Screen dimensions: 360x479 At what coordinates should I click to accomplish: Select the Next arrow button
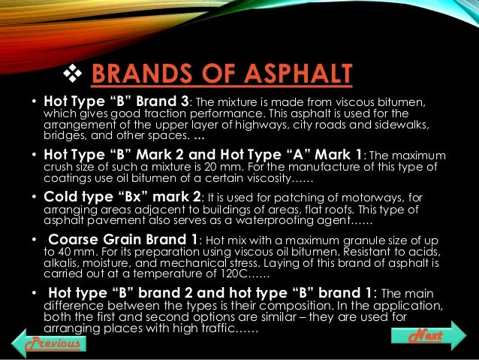point(429,333)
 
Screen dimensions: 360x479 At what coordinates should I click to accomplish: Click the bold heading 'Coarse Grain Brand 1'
point(122,240)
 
